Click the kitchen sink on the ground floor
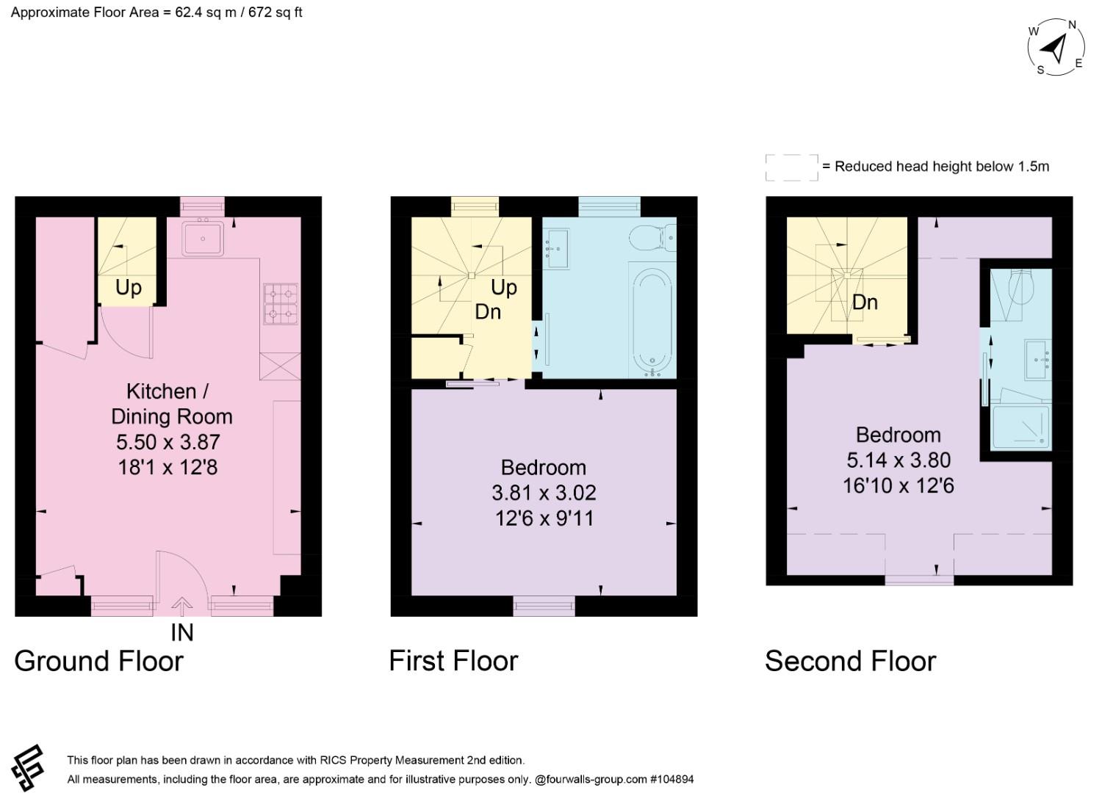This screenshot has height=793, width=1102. point(202,239)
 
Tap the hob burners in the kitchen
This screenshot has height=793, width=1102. point(281,304)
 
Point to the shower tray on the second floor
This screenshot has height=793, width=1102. point(1021,427)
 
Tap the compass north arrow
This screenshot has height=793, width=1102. point(1054,50)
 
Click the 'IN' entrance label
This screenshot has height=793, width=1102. point(182,633)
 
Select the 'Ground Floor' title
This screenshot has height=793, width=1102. point(99,661)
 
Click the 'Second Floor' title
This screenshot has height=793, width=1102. point(851,661)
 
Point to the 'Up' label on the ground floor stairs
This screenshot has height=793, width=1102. point(129,287)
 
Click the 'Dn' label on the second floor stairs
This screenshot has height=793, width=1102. point(865,302)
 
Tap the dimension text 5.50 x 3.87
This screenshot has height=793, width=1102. point(168,442)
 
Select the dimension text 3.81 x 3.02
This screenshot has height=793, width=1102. point(544,493)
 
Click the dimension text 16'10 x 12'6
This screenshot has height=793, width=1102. point(898,486)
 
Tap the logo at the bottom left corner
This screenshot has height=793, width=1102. point(29,768)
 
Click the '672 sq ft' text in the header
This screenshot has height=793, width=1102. point(275,12)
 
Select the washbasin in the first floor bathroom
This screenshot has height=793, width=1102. point(557,249)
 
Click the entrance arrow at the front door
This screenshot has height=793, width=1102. point(182,606)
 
